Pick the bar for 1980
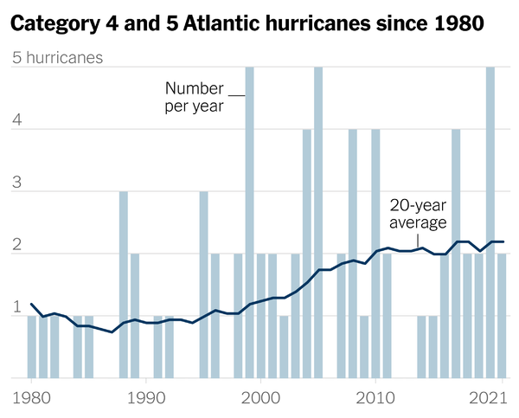32,346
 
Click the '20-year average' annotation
418,214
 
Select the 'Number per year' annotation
195,97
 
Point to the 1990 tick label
146,399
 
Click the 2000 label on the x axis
261,399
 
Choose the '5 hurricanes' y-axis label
56,58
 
